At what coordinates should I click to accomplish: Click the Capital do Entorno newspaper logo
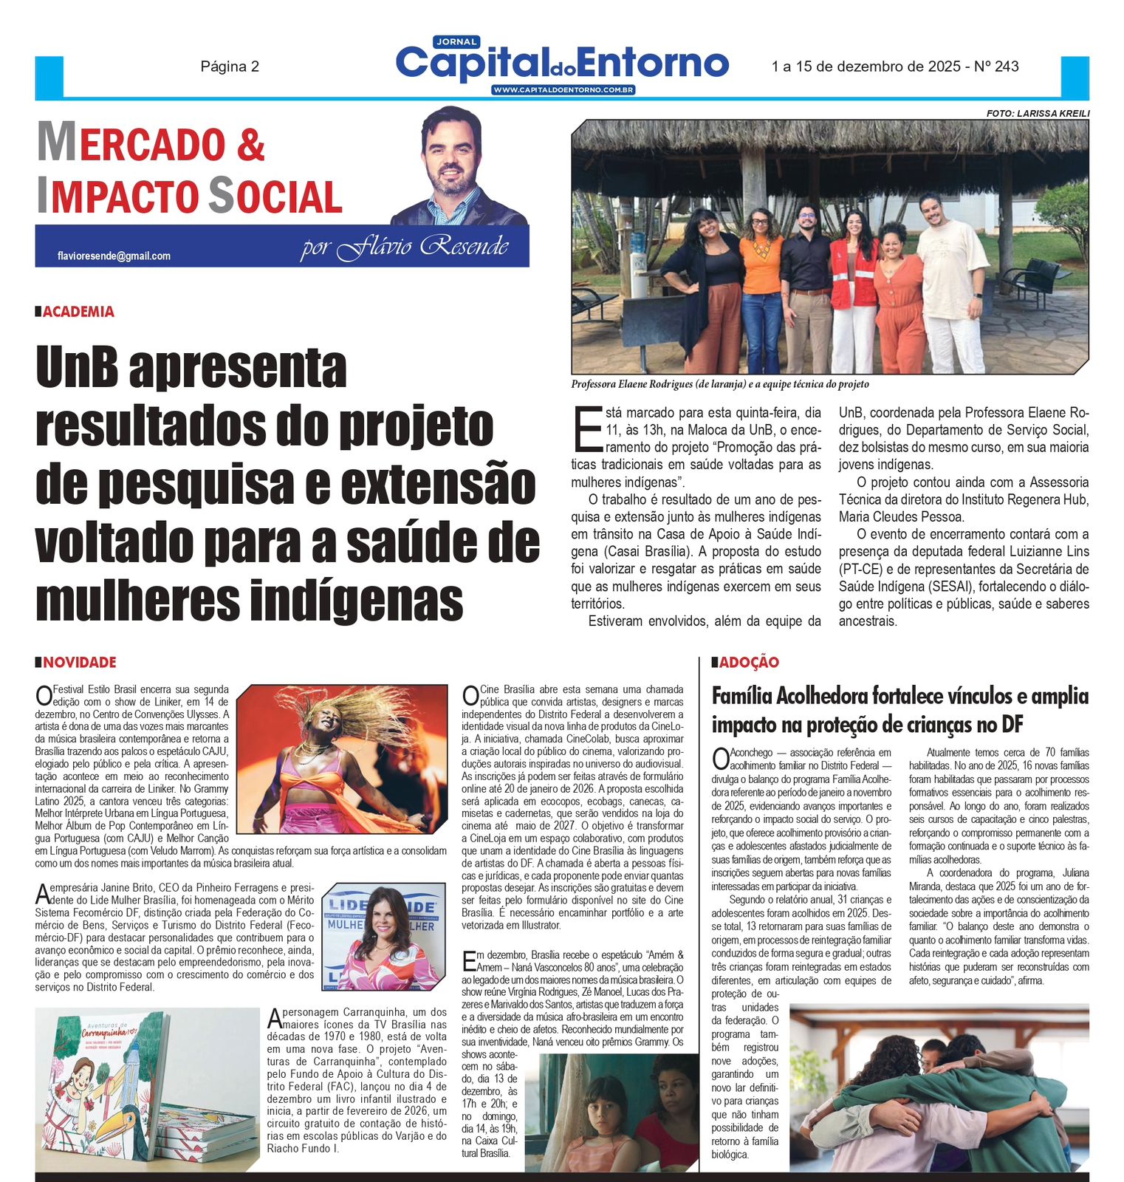[x=562, y=63]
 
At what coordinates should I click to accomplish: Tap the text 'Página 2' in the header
[x=230, y=66]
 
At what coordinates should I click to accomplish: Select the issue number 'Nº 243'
[x=996, y=66]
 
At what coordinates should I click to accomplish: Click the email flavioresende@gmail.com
[x=114, y=256]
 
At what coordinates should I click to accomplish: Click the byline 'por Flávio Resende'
[x=404, y=247]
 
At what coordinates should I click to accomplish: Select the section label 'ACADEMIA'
[x=78, y=312]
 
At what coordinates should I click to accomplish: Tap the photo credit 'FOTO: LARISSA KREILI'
[x=1038, y=113]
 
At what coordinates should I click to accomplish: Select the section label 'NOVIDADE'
[x=79, y=663]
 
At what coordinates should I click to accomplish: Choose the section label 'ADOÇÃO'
[x=749, y=663]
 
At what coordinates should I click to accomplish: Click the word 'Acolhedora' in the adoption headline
[x=818, y=696]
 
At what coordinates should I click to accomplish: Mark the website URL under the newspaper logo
[x=563, y=90]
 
